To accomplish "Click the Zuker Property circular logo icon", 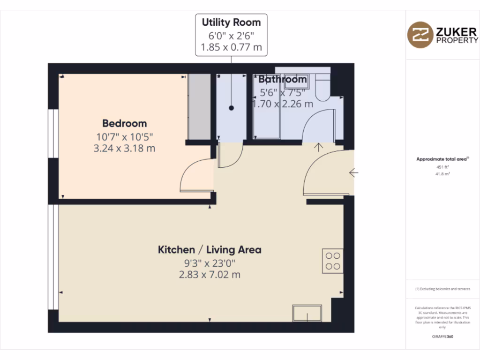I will point(420,35).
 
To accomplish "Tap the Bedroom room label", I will point(125,123).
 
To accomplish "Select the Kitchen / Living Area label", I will point(210,249).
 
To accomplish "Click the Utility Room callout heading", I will point(231,22).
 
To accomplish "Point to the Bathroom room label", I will point(283,79).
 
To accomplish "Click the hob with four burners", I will point(333,261).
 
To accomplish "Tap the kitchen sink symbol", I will point(307,313).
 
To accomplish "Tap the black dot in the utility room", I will point(231,108).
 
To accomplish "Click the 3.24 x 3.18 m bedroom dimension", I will point(125,149).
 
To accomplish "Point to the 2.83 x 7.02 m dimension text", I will point(210,275).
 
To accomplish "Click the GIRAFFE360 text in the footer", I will point(443,337).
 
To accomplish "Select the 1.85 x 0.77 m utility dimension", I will point(231,47).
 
